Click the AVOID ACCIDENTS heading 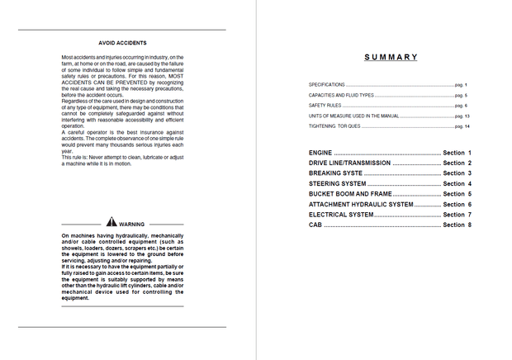[x=122, y=41]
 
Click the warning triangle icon [x=111, y=223]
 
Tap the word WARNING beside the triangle [x=132, y=224]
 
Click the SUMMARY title [x=391, y=57]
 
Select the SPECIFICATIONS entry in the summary [x=327, y=85]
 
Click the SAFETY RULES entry [x=324, y=106]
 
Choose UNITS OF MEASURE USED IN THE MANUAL [x=353, y=116]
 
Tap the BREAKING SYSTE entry [x=335, y=173]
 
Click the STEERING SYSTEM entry [x=337, y=183]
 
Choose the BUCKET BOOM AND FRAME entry [x=350, y=194]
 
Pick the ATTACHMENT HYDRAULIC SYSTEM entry [x=361, y=204]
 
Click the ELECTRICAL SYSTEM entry [x=341, y=215]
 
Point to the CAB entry [x=315, y=225]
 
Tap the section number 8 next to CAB [x=469, y=225]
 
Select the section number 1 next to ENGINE [x=469, y=154]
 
